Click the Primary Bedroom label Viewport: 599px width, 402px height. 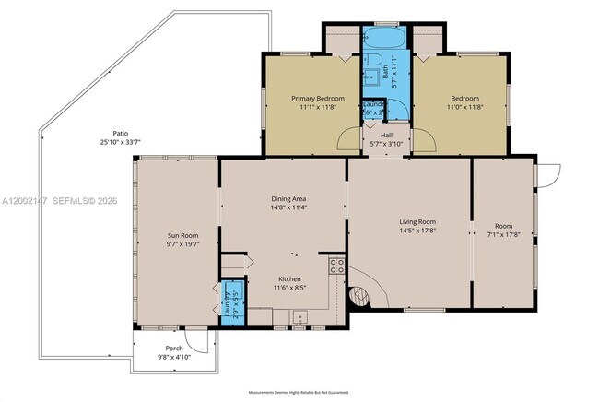tap(318, 98)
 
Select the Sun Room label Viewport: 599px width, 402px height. tap(182, 236)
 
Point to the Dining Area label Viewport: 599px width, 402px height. tap(288, 199)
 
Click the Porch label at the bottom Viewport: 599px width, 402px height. tap(174, 348)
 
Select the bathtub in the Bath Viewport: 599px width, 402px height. tap(379, 39)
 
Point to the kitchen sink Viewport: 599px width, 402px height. tap(299, 319)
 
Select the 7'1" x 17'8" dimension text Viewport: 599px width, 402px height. tap(503, 234)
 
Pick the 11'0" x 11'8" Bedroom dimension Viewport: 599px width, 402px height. tap(466, 107)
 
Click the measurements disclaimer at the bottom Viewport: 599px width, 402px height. tap(299, 391)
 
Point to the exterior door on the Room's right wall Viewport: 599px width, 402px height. tap(550, 173)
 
